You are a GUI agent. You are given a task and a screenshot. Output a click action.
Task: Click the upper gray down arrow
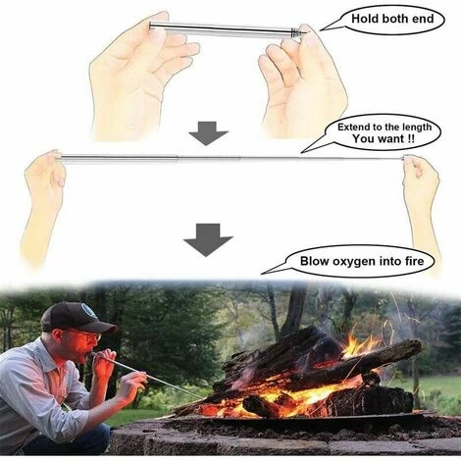tap(208, 132)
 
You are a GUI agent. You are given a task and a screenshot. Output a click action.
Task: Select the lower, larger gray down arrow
tap(208, 238)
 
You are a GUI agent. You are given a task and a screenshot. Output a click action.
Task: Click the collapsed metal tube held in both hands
tap(226, 29)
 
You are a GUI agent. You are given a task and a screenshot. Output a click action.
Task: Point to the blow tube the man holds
tap(147, 376)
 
